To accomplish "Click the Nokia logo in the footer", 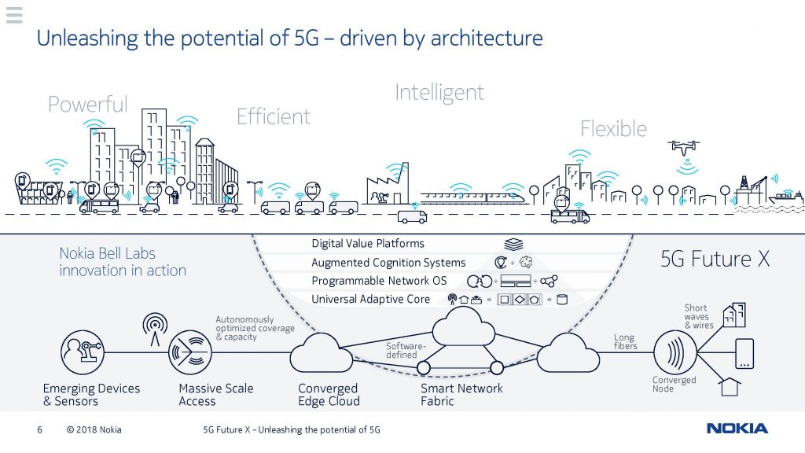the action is [x=737, y=429].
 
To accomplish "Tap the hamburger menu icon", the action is [x=14, y=15].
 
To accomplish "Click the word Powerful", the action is [x=88, y=105].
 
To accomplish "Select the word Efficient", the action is [x=273, y=116].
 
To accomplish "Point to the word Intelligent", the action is [x=439, y=93].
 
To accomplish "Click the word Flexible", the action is [x=613, y=128].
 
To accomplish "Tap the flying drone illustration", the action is [x=683, y=147].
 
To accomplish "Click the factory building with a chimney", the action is [x=388, y=185].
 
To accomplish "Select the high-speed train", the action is [x=473, y=197].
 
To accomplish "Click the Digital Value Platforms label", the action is [x=368, y=244].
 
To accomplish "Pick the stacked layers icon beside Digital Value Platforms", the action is [x=513, y=244].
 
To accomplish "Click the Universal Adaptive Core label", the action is [x=371, y=299].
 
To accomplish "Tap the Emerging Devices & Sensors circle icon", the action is [x=82, y=352].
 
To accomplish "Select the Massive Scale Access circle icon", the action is [x=190, y=352].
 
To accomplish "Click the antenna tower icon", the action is [x=155, y=329].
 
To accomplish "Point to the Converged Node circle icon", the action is [x=675, y=352].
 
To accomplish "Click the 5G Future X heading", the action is [x=715, y=259].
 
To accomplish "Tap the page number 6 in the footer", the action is [x=39, y=429].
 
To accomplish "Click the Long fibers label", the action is [x=625, y=341].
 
